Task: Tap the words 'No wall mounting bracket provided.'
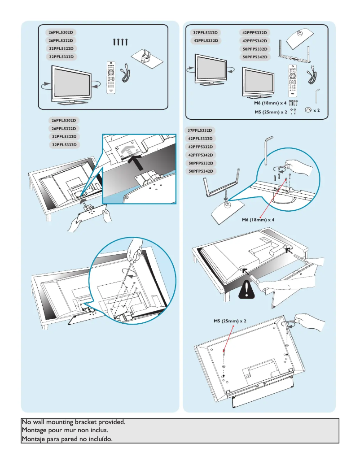point(74,422)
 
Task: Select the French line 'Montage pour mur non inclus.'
point(65,430)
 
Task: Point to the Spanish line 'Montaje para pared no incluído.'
point(67,439)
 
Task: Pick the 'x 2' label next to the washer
point(316,110)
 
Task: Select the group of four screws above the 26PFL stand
point(121,42)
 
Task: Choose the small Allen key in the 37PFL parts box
point(317,95)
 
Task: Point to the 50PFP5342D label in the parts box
point(255,57)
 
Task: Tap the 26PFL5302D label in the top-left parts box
point(61,32)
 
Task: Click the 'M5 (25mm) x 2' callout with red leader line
point(230,322)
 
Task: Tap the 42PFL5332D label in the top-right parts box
point(205,41)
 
